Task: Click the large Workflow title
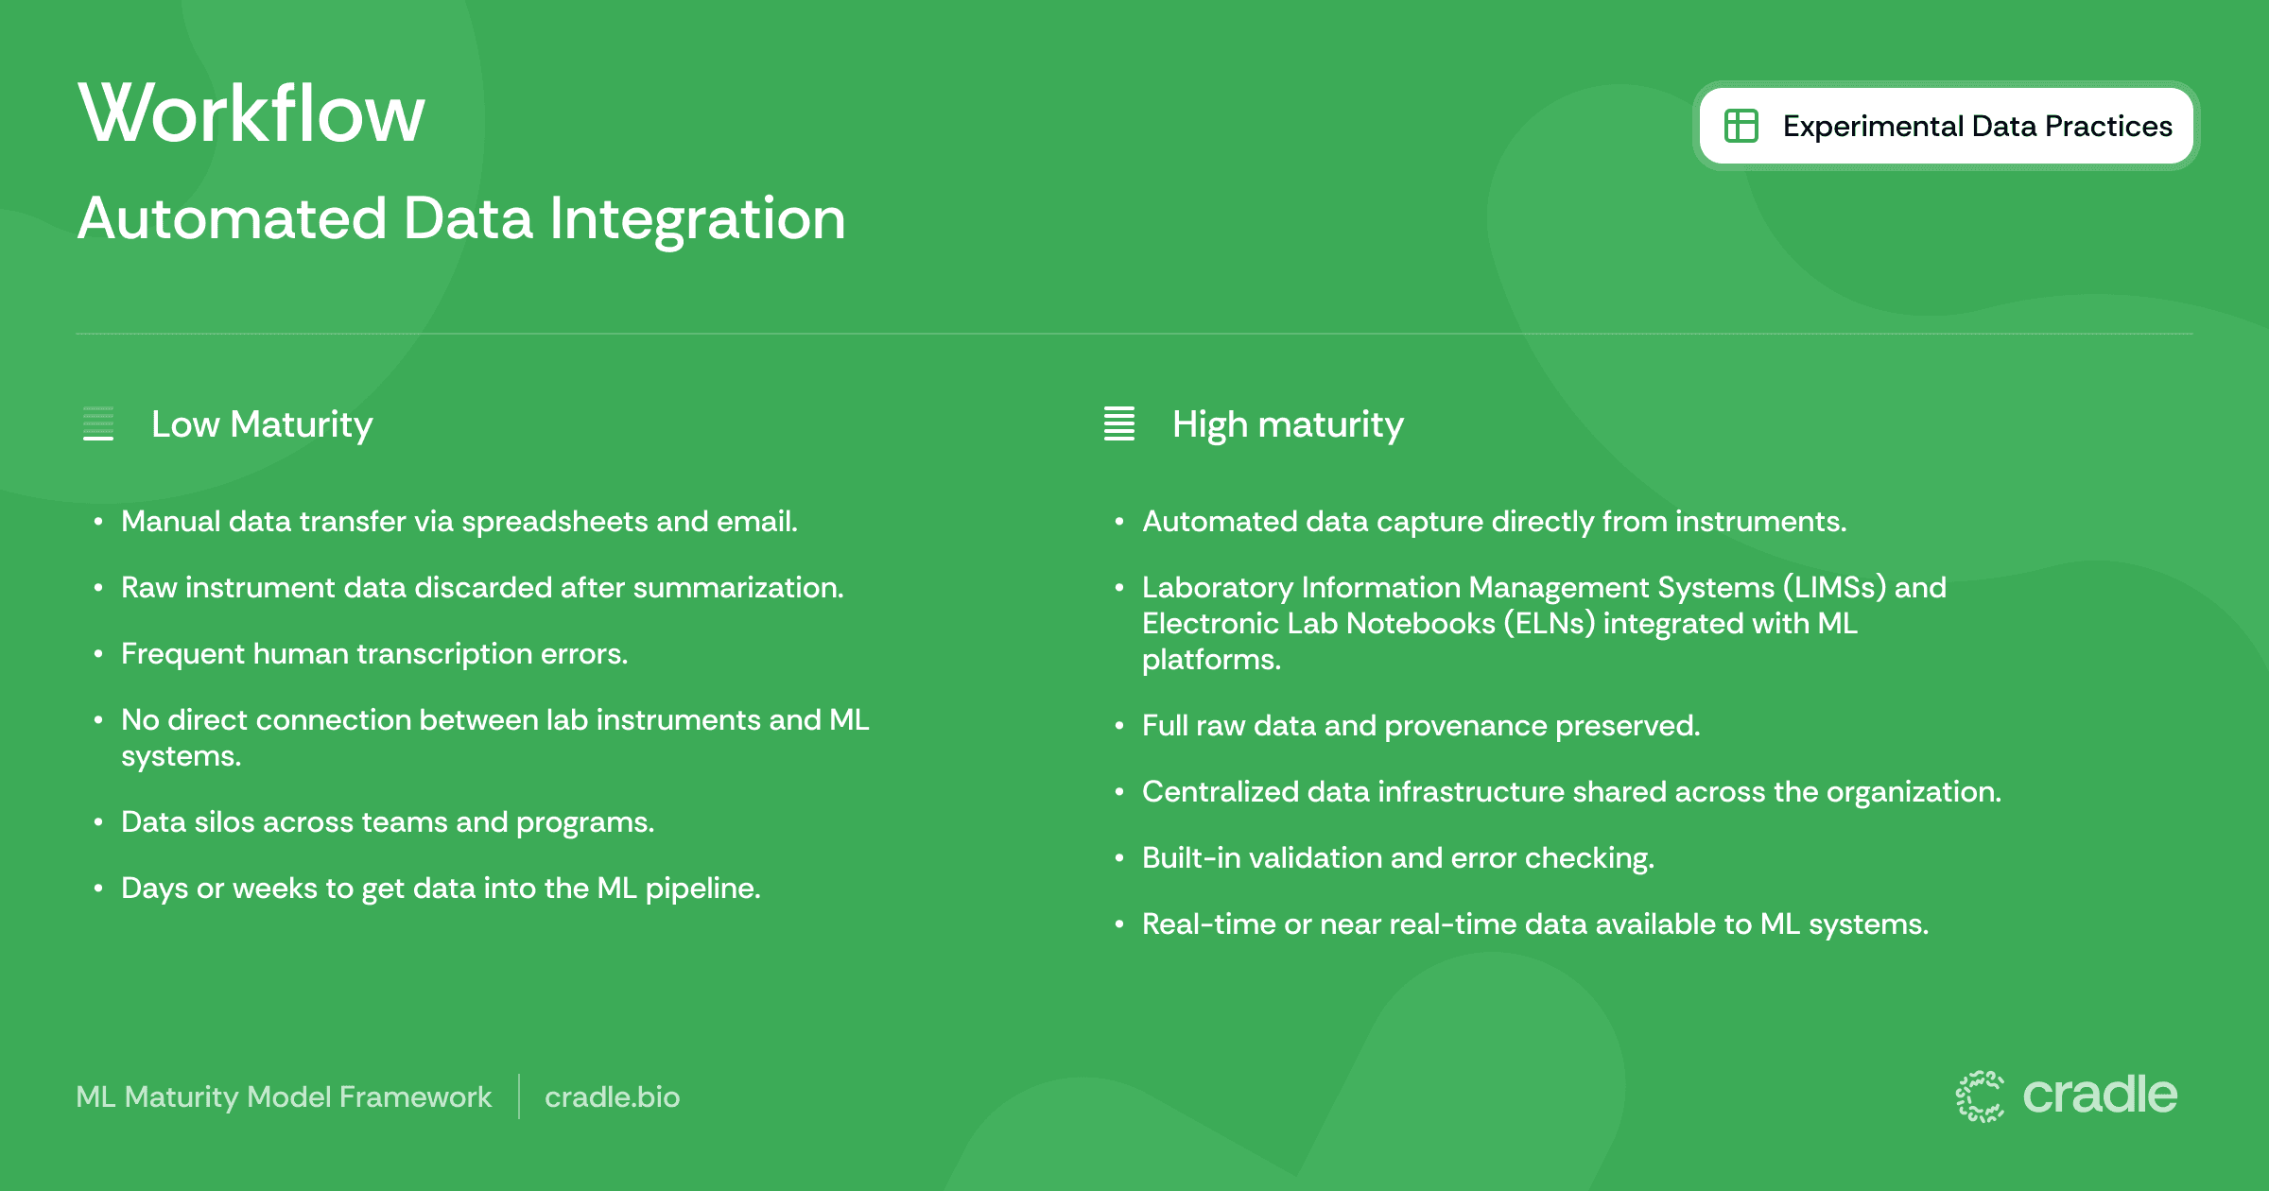251,113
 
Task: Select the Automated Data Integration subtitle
461,218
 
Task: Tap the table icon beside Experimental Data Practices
1741,126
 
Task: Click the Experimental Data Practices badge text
1978,126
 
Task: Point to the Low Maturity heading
262,424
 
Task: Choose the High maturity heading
1288,424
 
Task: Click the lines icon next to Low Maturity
98,423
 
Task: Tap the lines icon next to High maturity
1119,423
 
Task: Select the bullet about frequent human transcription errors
374,654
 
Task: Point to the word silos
224,822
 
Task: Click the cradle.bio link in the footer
613,1096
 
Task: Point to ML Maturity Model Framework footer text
284,1096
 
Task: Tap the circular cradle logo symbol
1980,1096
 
